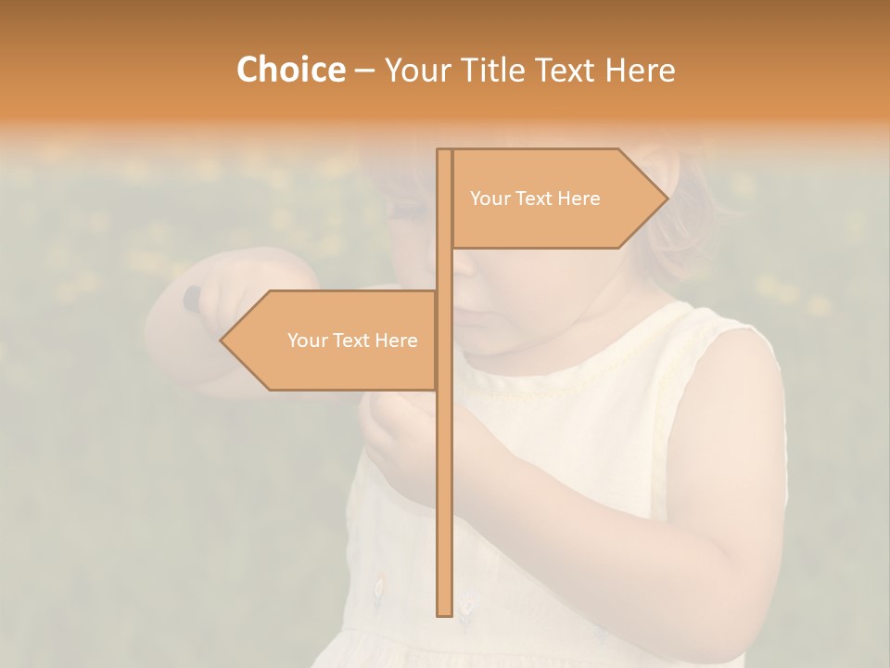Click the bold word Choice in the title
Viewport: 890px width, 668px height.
[290, 71]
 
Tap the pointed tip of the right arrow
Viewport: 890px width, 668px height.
[666, 198]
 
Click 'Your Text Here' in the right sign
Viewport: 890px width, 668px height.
[535, 199]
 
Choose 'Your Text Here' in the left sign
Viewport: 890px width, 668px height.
[352, 340]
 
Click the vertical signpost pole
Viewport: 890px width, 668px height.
[444, 464]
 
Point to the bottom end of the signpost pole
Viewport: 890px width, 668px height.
[444, 612]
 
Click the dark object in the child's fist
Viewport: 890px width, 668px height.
[191, 297]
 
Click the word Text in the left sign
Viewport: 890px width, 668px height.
[351, 340]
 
